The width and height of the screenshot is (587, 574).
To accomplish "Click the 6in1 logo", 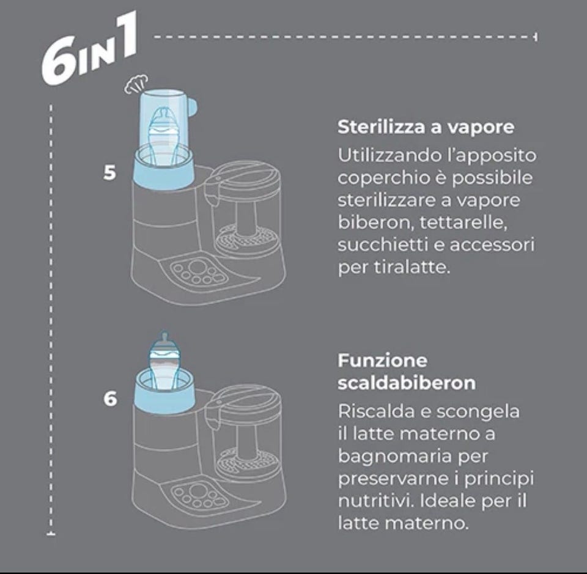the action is pos(88,49).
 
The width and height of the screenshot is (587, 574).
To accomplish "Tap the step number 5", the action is pos(109,173).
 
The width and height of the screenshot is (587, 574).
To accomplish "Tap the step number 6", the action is pos(110,399).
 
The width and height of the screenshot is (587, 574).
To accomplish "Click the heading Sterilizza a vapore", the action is pos(426,127).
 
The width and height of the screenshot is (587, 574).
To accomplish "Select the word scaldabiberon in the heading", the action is pos(407,383).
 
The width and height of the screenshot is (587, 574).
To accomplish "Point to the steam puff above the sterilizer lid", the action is pos(136,84).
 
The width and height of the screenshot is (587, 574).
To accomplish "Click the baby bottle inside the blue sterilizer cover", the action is pos(163,136).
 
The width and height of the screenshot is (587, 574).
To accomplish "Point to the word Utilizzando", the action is pos(389,155).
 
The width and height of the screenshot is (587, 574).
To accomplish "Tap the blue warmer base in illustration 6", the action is pos(164,395).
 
